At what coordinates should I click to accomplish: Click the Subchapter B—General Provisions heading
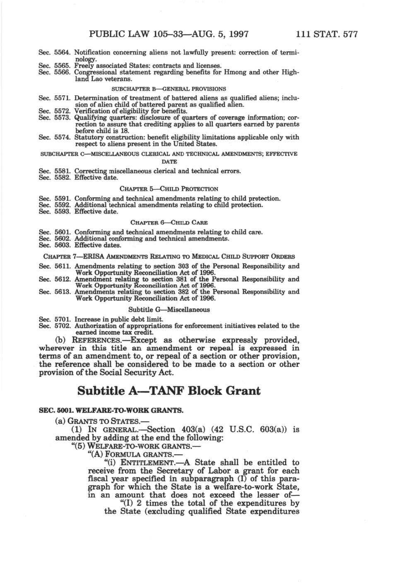click(169, 89)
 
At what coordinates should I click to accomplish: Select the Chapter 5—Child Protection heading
click(169, 189)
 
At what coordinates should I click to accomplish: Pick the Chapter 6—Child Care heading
click(169, 222)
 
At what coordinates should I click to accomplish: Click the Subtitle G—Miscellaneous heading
click(169, 309)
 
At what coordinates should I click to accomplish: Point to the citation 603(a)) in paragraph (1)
click(270, 430)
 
